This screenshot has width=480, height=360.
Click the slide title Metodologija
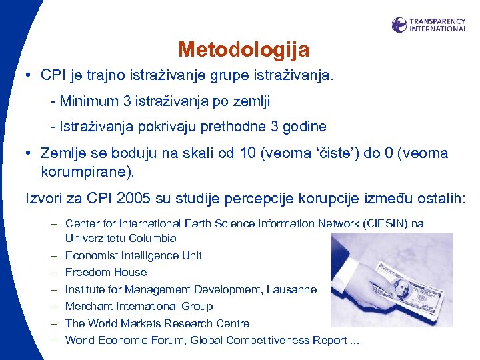point(243,50)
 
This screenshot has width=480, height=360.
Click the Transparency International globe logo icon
point(399,25)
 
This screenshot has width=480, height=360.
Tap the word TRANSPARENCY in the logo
point(438,21)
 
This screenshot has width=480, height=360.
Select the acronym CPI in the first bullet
point(53,75)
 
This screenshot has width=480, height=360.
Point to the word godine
point(304,126)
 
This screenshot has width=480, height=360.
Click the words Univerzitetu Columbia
point(121,238)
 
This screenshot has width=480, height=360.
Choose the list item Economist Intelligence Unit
point(133,255)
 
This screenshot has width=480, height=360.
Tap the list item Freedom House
point(106,272)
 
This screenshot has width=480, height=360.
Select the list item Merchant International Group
point(139,306)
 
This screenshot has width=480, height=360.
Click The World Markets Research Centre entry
point(157,323)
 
